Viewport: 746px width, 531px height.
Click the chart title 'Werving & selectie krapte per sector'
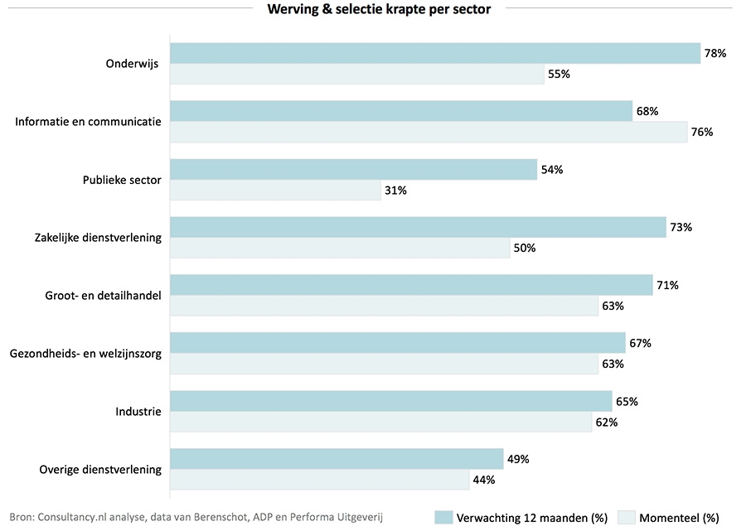click(x=378, y=10)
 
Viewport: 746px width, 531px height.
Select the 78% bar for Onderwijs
click(x=435, y=54)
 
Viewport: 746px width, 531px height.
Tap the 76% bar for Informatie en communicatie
click(x=429, y=132)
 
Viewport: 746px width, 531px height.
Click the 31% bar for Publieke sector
click(x=275, y=190)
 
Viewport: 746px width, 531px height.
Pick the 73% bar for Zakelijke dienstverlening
click(x=418, y=228)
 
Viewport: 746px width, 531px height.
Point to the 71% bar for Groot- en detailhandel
click(x=411, y=286)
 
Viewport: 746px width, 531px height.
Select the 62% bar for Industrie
click(x=380, y=422)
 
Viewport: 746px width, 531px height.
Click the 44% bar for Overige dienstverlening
click(x=319, y=480)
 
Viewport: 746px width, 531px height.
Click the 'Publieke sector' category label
click(x=122, y=180)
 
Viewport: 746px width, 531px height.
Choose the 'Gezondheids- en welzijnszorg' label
click(x=85, y=354)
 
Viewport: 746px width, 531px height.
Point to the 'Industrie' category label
click(x=138, y=412)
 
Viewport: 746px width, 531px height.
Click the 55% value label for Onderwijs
click(x=559, y=74)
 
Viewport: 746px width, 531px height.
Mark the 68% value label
click(x=647, y=112)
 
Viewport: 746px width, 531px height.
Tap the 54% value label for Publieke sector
click(x=551, y=170)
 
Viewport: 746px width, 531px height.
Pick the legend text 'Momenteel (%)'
click(x=679, y=518)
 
